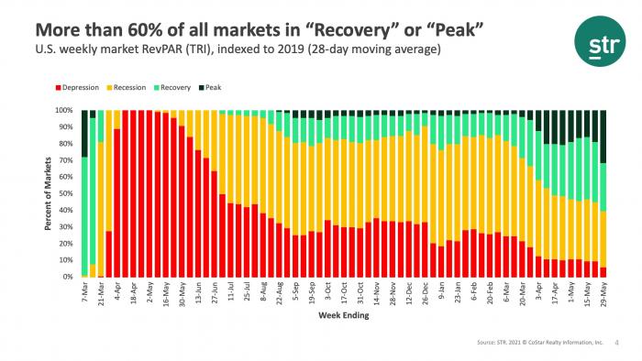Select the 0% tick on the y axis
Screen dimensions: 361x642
[x=67, y=277]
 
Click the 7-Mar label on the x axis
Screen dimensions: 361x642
[x=84, y=294]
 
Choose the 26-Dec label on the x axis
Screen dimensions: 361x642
[x=424, y=295]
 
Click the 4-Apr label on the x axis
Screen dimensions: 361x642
[x=117, y=294]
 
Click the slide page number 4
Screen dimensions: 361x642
[x=614, y=344]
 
